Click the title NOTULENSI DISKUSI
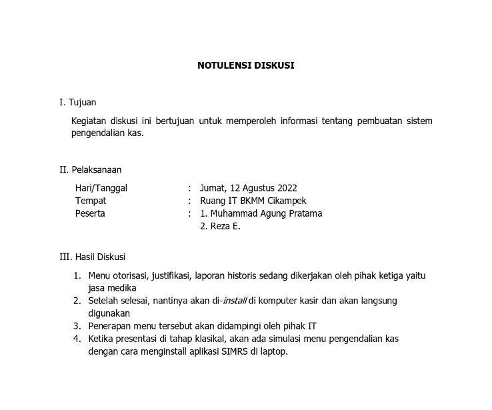[x=245, y=65]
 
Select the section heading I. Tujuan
[x=78, y=102]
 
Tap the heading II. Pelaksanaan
[x=91, y=169]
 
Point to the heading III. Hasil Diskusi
[x=93, y=257]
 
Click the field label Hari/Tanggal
[x=101, y=188]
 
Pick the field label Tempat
[x=91, y=201]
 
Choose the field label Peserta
[x=90, y=213]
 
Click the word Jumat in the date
[x=213, y=188]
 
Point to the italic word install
[x=234, y=301]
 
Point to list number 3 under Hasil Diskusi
[x=77, y=326]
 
